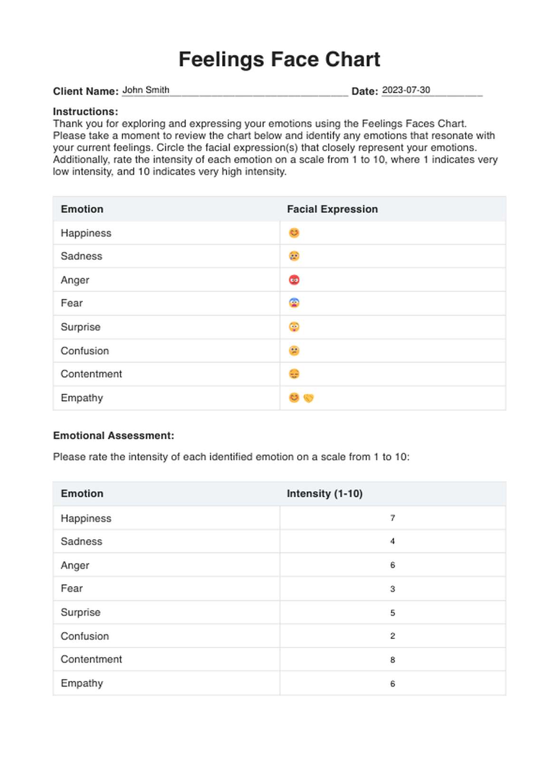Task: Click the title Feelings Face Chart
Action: tap(279, 60)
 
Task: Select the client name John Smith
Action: tap(146, 90)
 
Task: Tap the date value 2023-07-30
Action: tap(406, 90)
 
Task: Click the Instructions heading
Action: tap(86, 112)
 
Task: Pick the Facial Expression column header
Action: tap(332, 209)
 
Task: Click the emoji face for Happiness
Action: tap(294, 233)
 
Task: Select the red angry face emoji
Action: tap(294, 280)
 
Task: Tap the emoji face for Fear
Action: tap(294, 303)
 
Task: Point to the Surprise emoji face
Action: tap(294, 327)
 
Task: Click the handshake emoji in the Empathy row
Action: tap(308, 398)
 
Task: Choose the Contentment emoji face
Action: tap(294, 374)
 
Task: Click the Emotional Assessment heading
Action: tap(114, 436)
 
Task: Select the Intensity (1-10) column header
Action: tap(325, 494)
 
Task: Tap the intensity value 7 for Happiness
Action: tap(393, 518)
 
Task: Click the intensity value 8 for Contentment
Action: tap(393, 659)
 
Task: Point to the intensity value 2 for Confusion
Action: tap(393, 636)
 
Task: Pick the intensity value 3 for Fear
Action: tap(393, 589)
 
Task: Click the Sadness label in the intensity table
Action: tap(81, 542)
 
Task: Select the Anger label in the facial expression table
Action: tap(75, 280)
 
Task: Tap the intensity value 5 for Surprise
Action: tap(393, 612)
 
